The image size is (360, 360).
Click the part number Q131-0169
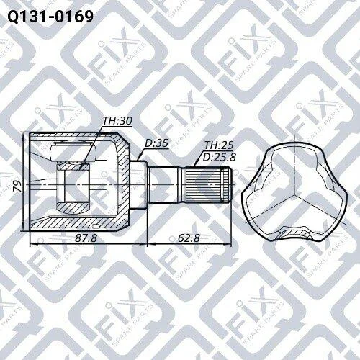pyautogui.click(x=50, y=17)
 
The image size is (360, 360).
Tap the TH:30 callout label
pyautogui.click(x=117, y=121)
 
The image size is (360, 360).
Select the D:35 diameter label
pyautogui.click(x=157, y=143)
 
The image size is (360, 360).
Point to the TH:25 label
pyautogui.click(x=219, y=145)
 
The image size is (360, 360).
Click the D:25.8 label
pyautogui.click(x=220, y=157)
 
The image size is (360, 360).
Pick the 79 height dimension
pyautogui.click(x=17, y=186)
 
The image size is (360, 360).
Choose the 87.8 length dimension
pyautogui.click(x=86, y=238)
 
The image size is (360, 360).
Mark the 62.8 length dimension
pyautogui.click(x=189, y=238)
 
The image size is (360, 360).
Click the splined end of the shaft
pyautogui.click(x=207, y=185)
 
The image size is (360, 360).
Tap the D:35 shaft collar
pyautogui.click(x=138, y=185)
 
